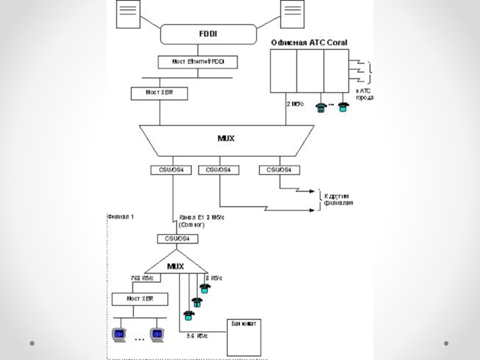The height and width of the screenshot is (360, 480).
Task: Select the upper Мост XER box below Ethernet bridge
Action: (x=159, y=93)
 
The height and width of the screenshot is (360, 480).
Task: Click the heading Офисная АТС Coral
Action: (x=308, y=42)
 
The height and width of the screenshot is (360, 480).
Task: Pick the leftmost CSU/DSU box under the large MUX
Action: (x=171, y=170)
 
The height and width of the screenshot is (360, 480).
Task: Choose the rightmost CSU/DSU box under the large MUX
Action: (x=279, y=170)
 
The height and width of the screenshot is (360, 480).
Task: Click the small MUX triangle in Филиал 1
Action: (x=175, y=264)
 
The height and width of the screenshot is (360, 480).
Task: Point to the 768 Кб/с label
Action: (x=142, y=278)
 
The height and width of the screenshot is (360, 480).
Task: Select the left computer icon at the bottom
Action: (x=119, y=334)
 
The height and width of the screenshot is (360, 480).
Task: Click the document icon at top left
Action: (x=127, y=14)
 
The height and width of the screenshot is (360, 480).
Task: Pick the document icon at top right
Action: (x=293, y=14)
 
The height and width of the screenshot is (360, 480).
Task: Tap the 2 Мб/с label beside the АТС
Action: (x=293, y=103)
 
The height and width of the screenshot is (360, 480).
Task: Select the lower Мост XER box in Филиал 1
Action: (x=140, y=298)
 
